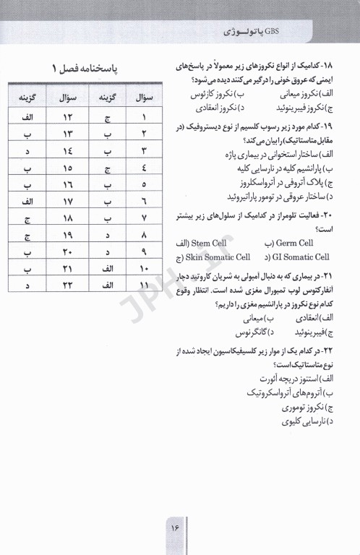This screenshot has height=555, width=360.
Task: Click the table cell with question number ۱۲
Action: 70,118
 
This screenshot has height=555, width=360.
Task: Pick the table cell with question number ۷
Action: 145,218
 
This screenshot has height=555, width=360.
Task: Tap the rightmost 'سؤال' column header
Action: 145,98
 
